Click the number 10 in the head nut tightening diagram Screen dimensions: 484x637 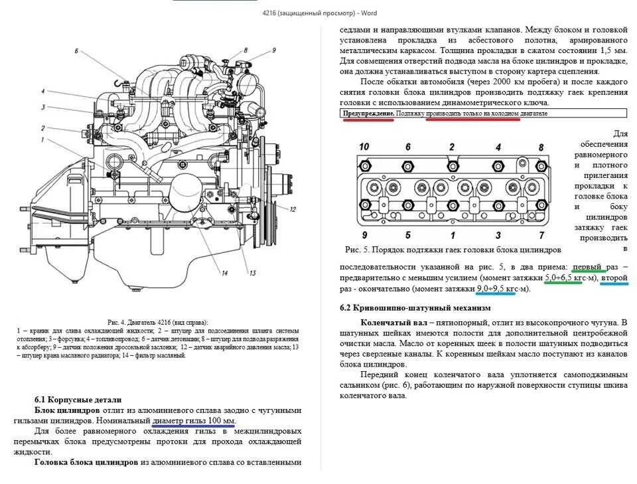pos(364,147)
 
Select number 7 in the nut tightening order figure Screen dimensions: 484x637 pos(541,235)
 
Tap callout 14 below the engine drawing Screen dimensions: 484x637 pos(225,273)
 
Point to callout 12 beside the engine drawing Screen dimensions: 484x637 pos(291,208)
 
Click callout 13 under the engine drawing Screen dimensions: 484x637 pos(252,273)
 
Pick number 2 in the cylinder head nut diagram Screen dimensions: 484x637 pos(452,147)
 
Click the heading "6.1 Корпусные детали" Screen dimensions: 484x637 pos(78,400)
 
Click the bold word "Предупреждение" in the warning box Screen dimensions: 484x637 pos(369,114)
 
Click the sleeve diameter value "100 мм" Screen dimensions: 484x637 pos(221,421)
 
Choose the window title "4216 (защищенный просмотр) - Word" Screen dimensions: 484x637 pos(318,12)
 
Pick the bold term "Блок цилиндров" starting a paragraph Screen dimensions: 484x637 pos(67,410)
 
